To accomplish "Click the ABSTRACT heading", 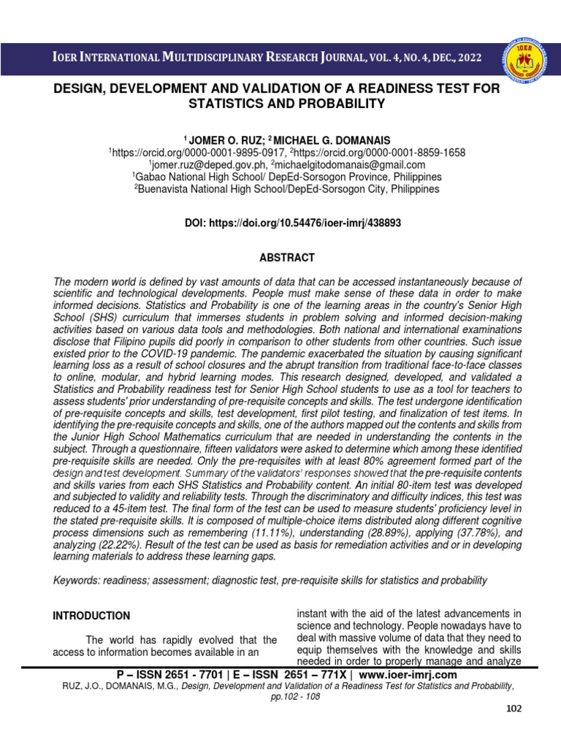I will point(286,258).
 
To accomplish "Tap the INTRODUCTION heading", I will point(91,616).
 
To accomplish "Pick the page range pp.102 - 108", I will point(295,696).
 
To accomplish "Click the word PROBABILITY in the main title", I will point(330,104).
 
